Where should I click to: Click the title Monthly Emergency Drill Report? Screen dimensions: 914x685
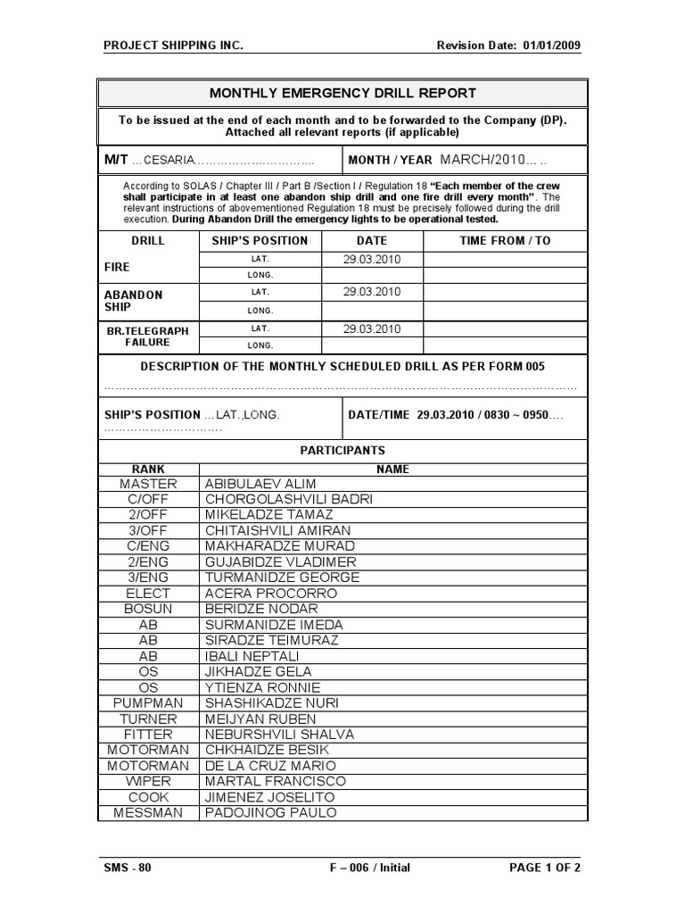tap(342, 93)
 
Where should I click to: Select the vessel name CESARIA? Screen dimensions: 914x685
tap(166, 161)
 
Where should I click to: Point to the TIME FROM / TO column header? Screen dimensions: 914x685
tap(505, 240)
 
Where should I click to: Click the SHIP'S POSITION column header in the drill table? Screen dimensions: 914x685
tap(260, 240)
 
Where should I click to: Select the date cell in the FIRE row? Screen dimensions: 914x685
tap(372, 259)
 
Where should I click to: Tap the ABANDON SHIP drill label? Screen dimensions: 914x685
tap(134, 301)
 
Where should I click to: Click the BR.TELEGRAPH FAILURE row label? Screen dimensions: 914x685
tap(148, 337)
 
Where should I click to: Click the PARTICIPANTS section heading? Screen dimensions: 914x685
tap(342, 451)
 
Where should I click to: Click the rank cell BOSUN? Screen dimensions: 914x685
tap(148, 609)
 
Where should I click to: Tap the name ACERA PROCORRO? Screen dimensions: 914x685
tap(270, 593)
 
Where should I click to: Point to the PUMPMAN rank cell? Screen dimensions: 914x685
tap(148, 702)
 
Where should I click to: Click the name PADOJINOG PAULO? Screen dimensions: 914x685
tap(270, 812)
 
